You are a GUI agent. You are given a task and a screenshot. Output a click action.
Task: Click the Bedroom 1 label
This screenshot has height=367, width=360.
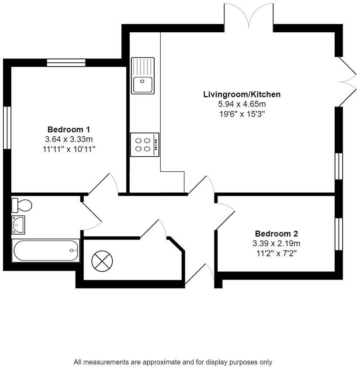(69, 129)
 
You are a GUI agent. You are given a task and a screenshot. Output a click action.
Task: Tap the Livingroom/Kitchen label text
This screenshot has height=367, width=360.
(242, 94)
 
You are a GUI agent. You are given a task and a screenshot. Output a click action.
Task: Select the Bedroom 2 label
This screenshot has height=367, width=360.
(277, 234)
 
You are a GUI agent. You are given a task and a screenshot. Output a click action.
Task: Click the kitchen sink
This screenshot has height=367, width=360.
(143, 76)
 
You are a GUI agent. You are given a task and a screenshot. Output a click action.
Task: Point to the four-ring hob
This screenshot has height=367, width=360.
(144, 145)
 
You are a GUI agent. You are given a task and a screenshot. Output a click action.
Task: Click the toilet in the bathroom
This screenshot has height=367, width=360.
(22, 204)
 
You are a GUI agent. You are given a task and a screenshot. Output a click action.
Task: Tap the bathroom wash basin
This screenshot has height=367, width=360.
(18, 223)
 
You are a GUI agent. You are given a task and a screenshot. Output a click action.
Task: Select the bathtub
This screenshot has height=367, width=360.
(46, 251)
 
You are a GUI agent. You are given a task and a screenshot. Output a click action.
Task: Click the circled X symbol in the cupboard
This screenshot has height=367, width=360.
(102, 262)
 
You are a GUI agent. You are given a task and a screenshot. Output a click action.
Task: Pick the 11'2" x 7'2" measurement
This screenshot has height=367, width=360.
(276, 253)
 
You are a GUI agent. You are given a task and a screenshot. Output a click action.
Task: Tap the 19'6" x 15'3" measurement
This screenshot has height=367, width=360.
(242, 114)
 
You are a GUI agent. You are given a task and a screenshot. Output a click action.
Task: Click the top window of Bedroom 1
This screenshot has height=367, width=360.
(66, 62)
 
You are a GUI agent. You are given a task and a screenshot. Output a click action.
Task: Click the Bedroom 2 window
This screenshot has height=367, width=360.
(339, 234)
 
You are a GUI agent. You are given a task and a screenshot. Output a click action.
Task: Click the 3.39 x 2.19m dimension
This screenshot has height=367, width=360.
(277, 243)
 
